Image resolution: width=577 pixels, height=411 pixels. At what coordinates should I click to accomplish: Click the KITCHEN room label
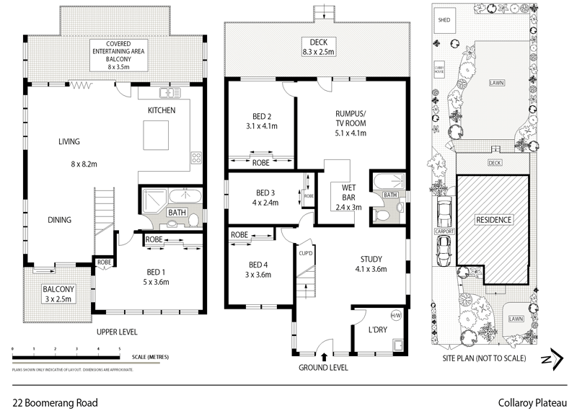click(x=163, y=110)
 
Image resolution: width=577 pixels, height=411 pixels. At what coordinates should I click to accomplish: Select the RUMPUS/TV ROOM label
click(x=351, y=123)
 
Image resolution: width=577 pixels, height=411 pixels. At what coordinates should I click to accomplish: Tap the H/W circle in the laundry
click(x=395, y=315)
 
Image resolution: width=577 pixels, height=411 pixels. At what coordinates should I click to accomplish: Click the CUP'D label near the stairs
click(x=304, y=253)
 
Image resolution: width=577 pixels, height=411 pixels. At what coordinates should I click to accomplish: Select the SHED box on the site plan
click(x=444, y=20)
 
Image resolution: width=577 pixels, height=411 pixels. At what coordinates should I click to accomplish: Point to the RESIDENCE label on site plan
click(x=494, y=219)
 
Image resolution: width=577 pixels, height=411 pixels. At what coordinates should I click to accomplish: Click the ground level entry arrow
click(x=325, y=355)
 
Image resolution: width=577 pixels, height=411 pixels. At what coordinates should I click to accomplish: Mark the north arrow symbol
click(x=552, y=358)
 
